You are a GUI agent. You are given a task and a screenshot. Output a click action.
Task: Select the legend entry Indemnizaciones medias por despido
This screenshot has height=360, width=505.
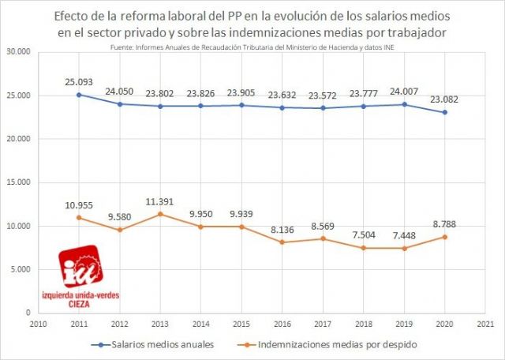click(324, 344)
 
